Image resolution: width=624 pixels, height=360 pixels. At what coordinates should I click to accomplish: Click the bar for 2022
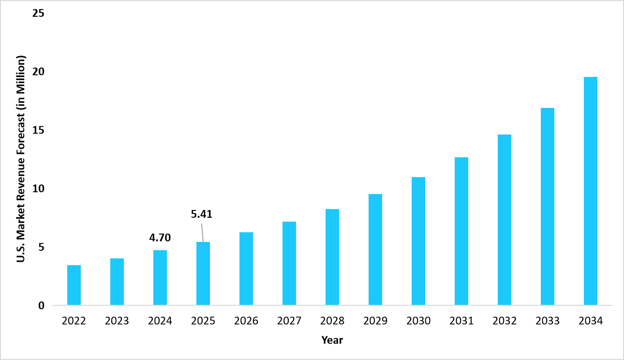point(74,285)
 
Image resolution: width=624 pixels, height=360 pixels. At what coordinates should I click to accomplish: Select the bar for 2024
point(160,278)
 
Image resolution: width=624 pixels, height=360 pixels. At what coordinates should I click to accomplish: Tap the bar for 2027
point(289,264)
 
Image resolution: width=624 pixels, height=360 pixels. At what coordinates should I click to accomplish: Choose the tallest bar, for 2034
point(591,191)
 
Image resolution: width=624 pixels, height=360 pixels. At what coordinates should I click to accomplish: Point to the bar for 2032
point(505,220)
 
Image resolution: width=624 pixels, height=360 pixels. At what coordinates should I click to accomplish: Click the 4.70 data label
point(160,238)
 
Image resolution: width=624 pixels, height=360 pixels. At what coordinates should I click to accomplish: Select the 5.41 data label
point(201,213)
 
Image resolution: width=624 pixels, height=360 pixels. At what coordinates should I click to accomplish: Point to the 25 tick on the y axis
point(38,13)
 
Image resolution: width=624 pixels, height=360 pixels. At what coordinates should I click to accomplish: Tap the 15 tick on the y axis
point(38,130)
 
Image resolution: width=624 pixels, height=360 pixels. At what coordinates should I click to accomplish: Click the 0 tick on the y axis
point(42,306)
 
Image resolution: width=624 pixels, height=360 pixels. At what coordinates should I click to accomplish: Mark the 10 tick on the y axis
point(38,189)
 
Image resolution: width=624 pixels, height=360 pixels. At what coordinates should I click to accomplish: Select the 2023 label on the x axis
point(117,321)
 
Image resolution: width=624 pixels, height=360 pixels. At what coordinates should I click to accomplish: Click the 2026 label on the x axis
point(246,321)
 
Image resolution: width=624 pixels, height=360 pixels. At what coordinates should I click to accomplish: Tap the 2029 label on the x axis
point(375,321)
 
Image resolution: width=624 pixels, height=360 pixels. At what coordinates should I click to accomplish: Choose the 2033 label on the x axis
point(548,321)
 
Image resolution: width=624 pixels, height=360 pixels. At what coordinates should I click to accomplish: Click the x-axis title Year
point(332,341)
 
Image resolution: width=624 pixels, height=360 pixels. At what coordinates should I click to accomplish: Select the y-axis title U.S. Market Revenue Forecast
point(21,159)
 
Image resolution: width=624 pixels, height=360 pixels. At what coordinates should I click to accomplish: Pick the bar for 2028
point(332,257)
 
